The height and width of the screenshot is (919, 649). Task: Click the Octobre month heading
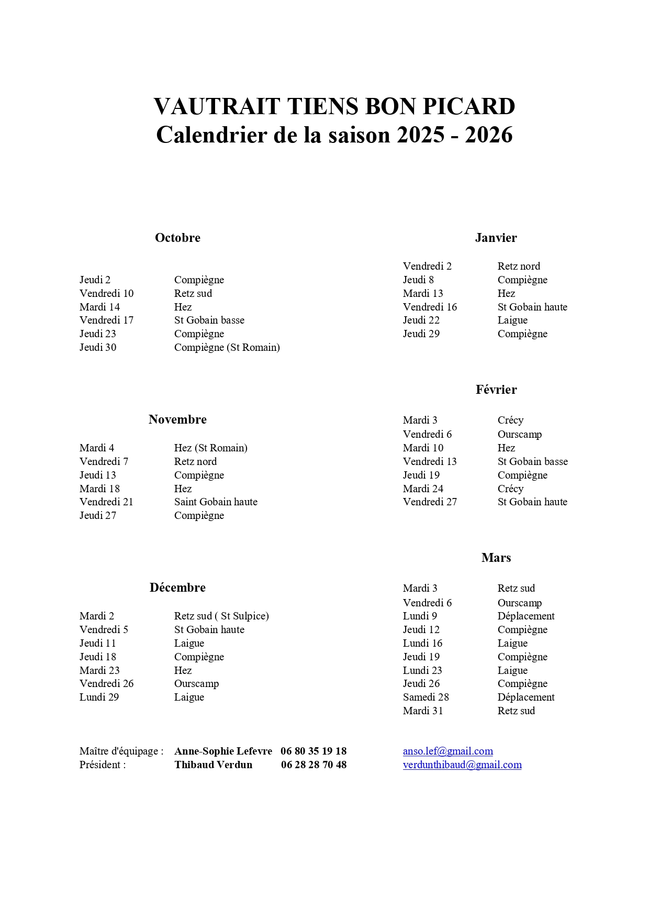pos(177,238)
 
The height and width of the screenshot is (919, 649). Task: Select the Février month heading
pos(496,390)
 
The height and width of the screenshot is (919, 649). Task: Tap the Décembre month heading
pos(177,588)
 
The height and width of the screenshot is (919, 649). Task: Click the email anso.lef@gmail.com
pos(447,751)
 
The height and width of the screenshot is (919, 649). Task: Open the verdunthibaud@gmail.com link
pos(462,765)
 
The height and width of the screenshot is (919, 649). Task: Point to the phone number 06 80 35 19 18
pos(314,751)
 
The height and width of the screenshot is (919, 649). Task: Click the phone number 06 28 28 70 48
pos(314,765)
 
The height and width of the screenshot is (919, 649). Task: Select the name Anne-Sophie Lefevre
pos(223,751)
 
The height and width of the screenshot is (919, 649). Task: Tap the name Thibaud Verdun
pos(213,765)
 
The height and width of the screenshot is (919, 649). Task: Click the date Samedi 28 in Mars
pos(426,697)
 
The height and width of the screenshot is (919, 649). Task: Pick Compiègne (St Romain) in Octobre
pos(227,347)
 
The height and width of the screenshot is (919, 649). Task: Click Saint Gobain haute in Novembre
pos(216,502)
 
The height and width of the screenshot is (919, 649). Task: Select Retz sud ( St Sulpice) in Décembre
pos(221,616)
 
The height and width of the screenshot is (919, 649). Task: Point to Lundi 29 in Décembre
pos(99,697)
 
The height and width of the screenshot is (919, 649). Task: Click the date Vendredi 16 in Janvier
pos(430,307)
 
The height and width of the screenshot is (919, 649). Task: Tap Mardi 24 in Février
pos(423,489)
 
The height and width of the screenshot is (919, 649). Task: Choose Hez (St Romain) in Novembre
pos(210,448)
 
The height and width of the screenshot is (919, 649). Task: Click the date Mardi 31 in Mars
pos(423,711)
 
